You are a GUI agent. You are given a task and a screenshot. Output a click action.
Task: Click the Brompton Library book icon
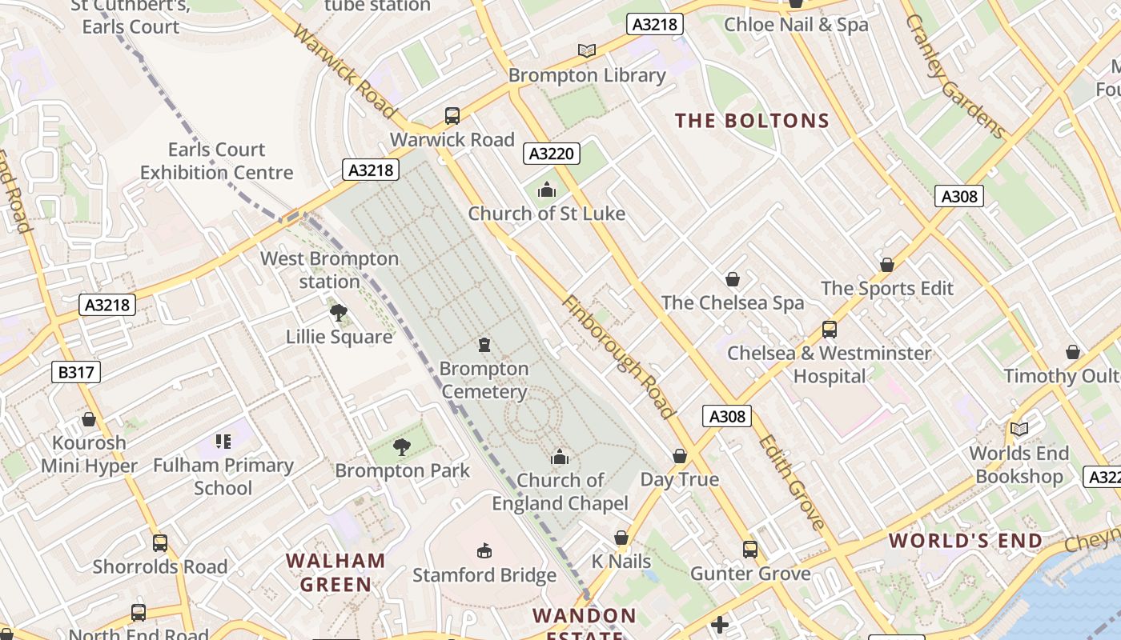pyautogui.click(x=587, y=50)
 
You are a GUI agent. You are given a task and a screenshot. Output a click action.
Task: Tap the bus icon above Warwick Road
pyautogui.click(x=452, y=116)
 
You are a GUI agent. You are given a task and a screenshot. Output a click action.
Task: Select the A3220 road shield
pyautogui.click(x=552, y=153)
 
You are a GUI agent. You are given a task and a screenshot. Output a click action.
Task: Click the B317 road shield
pyautogui.click(x=77, y=371)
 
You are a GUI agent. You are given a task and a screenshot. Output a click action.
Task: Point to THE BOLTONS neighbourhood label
pyautogui.click(x=752, y=121)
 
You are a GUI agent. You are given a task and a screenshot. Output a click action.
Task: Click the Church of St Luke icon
pyautogui.click(x=547, y=190)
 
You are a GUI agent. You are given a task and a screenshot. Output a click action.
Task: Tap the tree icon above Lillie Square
pyautogui.click(x=339, y=312)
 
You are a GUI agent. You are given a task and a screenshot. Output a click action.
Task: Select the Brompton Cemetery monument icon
pyautogui.click(x=484, y=345)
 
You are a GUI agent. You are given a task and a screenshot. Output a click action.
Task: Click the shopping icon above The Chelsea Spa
pyautogui.click(x=732, y=279)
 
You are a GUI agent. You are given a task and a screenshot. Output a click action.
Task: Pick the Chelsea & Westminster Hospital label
pyautogui.click(x=830, y=364)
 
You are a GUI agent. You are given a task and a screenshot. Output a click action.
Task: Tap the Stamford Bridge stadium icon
pyautogui.click(x=484, y=550)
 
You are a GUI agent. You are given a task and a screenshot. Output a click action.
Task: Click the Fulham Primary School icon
pyautogui.click(x=223, y=441)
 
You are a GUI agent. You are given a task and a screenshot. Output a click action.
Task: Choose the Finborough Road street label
pyautogui.click(x=617, y=357)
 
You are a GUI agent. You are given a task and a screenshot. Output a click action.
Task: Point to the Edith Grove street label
pyautogui.click(x=791, y=482)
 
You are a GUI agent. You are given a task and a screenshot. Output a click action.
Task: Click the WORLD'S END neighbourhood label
pyautogui.click(x=966, y=541)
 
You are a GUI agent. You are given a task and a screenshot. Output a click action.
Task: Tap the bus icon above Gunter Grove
pyautogui.click(x=750, y=550)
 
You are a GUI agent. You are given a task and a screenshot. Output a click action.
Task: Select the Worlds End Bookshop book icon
pyautogui.click(x=1019, y=430)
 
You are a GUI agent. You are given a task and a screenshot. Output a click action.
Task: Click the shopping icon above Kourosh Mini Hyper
pyautogui.click(x=89, y=419)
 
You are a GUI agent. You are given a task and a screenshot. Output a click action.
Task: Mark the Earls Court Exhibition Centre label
pyautogui.click(x=217, y=161)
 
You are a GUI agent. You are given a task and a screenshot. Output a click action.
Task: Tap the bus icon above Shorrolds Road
pyautogui.click(x=160, y=543)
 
